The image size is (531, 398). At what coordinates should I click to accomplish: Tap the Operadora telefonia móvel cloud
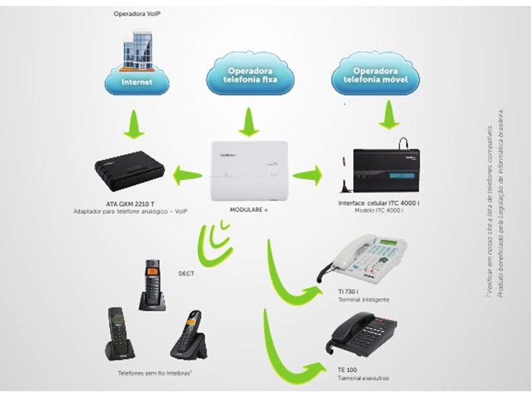pyautogui.click(x=375, y=76)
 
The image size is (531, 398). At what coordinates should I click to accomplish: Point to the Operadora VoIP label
pyautogui.click(x=137, y=13)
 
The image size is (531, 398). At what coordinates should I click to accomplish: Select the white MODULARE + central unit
pyautogui.click(x=249, y=170)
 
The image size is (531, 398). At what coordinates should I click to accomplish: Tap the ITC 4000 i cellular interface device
pyautogui.click(x=386, y=170)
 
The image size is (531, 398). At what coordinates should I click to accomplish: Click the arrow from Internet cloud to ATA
pyautogui.click(x=135, y=123)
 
